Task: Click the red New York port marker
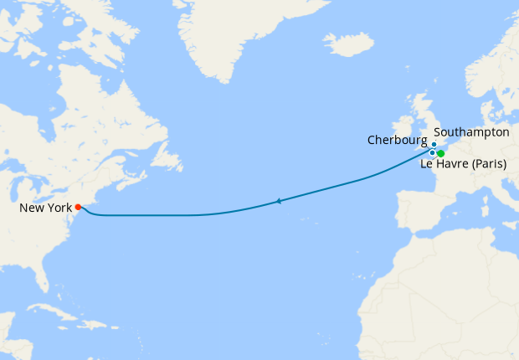pyautogui.click(x=78, y=207)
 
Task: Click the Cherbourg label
pyautogui.click(x=398, y=140)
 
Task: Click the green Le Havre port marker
pyautogui.click(x=440, y=153)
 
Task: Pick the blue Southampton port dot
pyautogui.click(x=434, y=144)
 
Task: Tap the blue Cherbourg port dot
pyautogui.click(x=432, y=152)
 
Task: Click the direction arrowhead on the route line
pyautogui.click(x=278, y=201)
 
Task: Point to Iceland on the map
pyautogui.click(x=347, y=44)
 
